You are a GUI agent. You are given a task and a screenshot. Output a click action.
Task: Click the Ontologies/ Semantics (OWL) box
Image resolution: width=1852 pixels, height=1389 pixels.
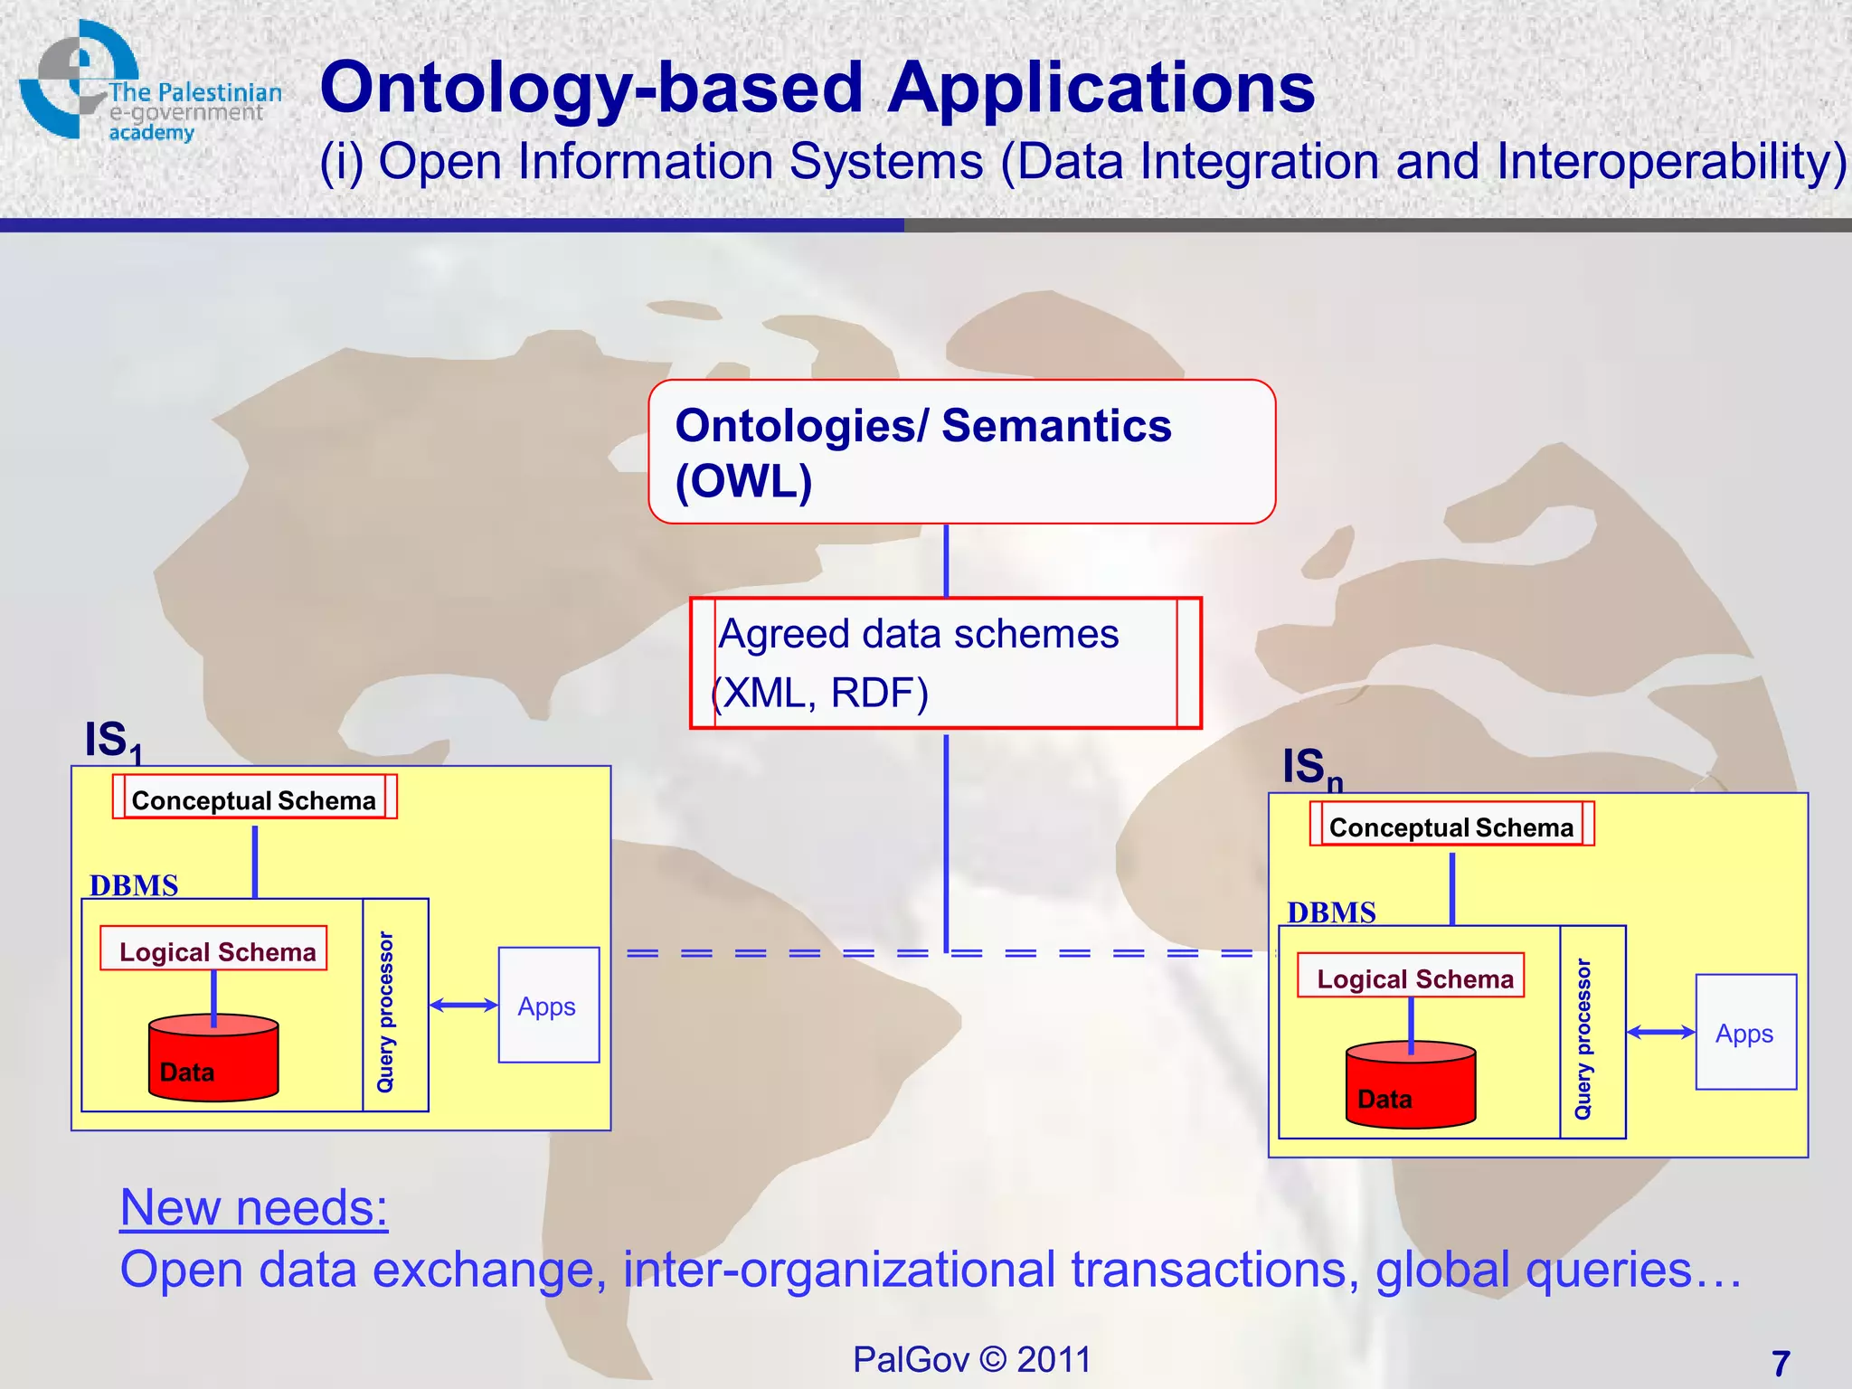[x=961, y=451]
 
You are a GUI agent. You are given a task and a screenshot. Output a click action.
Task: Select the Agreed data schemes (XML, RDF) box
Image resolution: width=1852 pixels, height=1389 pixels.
[x=945, y=663]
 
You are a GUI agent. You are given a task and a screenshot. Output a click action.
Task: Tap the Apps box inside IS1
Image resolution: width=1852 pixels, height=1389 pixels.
[x=549, y=1005]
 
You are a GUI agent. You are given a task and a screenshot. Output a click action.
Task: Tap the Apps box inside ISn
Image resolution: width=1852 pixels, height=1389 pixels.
[x=1745, y=1032]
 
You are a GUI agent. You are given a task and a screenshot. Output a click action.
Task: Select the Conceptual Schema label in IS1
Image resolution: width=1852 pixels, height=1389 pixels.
[x=254, y=799]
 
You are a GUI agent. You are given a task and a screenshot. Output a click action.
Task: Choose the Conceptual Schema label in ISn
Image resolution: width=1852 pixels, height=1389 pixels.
[x=1451, y=827]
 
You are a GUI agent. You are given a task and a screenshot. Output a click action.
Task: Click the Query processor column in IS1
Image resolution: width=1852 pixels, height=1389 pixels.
[x=394, y=1006]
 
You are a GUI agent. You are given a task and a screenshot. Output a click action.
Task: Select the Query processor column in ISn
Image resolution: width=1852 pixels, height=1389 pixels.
[x=1592, y=1033]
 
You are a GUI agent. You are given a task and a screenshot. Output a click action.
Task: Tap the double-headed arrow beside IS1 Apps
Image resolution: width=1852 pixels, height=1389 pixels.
[x=463, y=1005]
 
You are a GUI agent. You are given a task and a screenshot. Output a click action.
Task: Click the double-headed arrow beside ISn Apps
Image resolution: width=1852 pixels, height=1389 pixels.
[x=1660, y=1032]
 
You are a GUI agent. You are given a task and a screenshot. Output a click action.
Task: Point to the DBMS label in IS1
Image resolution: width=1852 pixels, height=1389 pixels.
[x=134, y=884]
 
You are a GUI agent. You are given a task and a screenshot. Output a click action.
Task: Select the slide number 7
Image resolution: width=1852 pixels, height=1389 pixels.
[x=1781, y=1362]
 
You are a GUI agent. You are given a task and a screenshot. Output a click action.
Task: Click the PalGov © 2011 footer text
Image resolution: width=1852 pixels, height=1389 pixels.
[x=972, y=1359]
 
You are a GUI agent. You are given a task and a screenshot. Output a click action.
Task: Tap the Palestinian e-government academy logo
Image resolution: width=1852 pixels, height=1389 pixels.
[x=145, y=86]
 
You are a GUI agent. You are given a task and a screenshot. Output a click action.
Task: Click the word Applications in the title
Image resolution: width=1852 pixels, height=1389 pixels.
[x=1101, y=88]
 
